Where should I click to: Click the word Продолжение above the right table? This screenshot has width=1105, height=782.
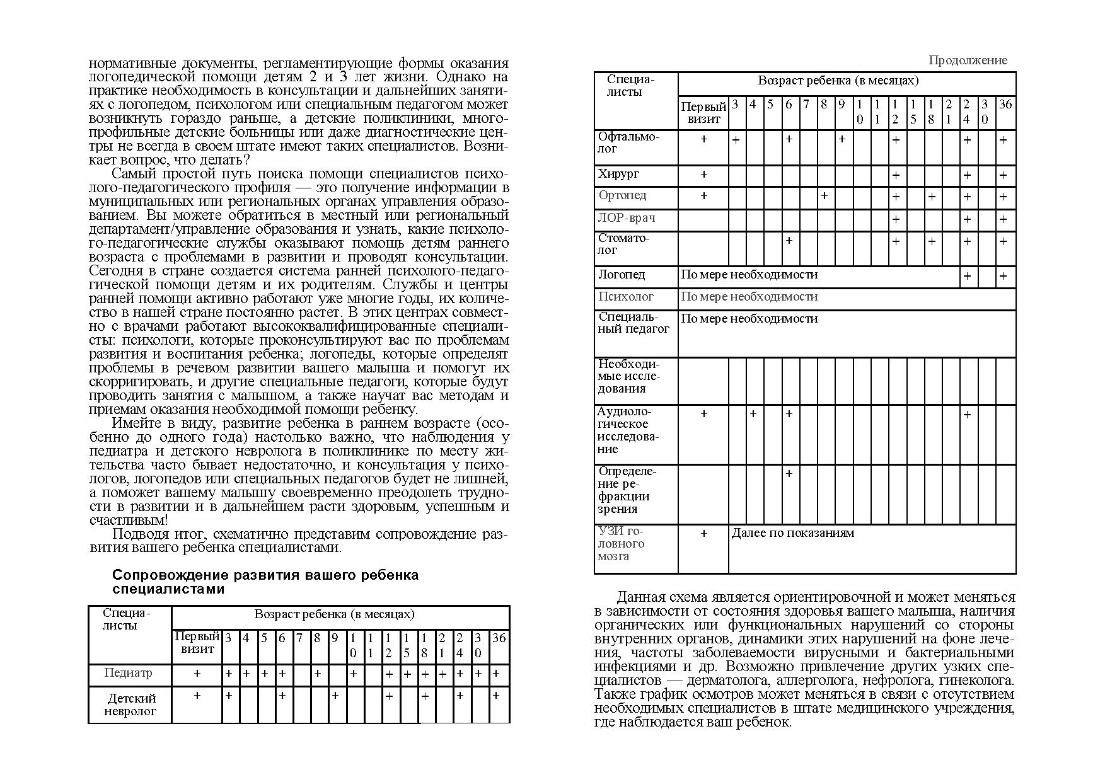[968, 60]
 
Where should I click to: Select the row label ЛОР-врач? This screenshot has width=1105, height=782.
[627, 218]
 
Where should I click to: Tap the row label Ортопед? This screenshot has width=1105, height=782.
[623, 195]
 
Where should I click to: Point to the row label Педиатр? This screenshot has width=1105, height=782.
[128, 673]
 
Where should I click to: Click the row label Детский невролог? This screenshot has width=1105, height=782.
[130, 704]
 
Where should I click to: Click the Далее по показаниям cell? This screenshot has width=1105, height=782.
[792, 533]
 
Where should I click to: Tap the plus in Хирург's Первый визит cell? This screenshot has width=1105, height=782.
[704, 175]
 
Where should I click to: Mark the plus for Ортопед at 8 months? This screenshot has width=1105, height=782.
[824, 196]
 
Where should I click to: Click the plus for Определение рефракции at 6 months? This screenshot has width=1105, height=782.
[789, 473]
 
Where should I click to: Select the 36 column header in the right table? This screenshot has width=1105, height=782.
[1005, 105]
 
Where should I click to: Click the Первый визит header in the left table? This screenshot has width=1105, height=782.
[197, 643]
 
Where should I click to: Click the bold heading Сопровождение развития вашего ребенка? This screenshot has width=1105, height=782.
[265, 575]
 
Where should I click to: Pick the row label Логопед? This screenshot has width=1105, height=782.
[622, 275]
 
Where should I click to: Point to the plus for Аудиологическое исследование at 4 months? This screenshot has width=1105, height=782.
[753, 414]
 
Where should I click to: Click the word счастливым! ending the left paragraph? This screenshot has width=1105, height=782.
[129, 520]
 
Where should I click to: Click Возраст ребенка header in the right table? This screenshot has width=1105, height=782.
[838, 81]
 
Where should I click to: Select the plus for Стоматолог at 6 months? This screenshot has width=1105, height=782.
[789, 241]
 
